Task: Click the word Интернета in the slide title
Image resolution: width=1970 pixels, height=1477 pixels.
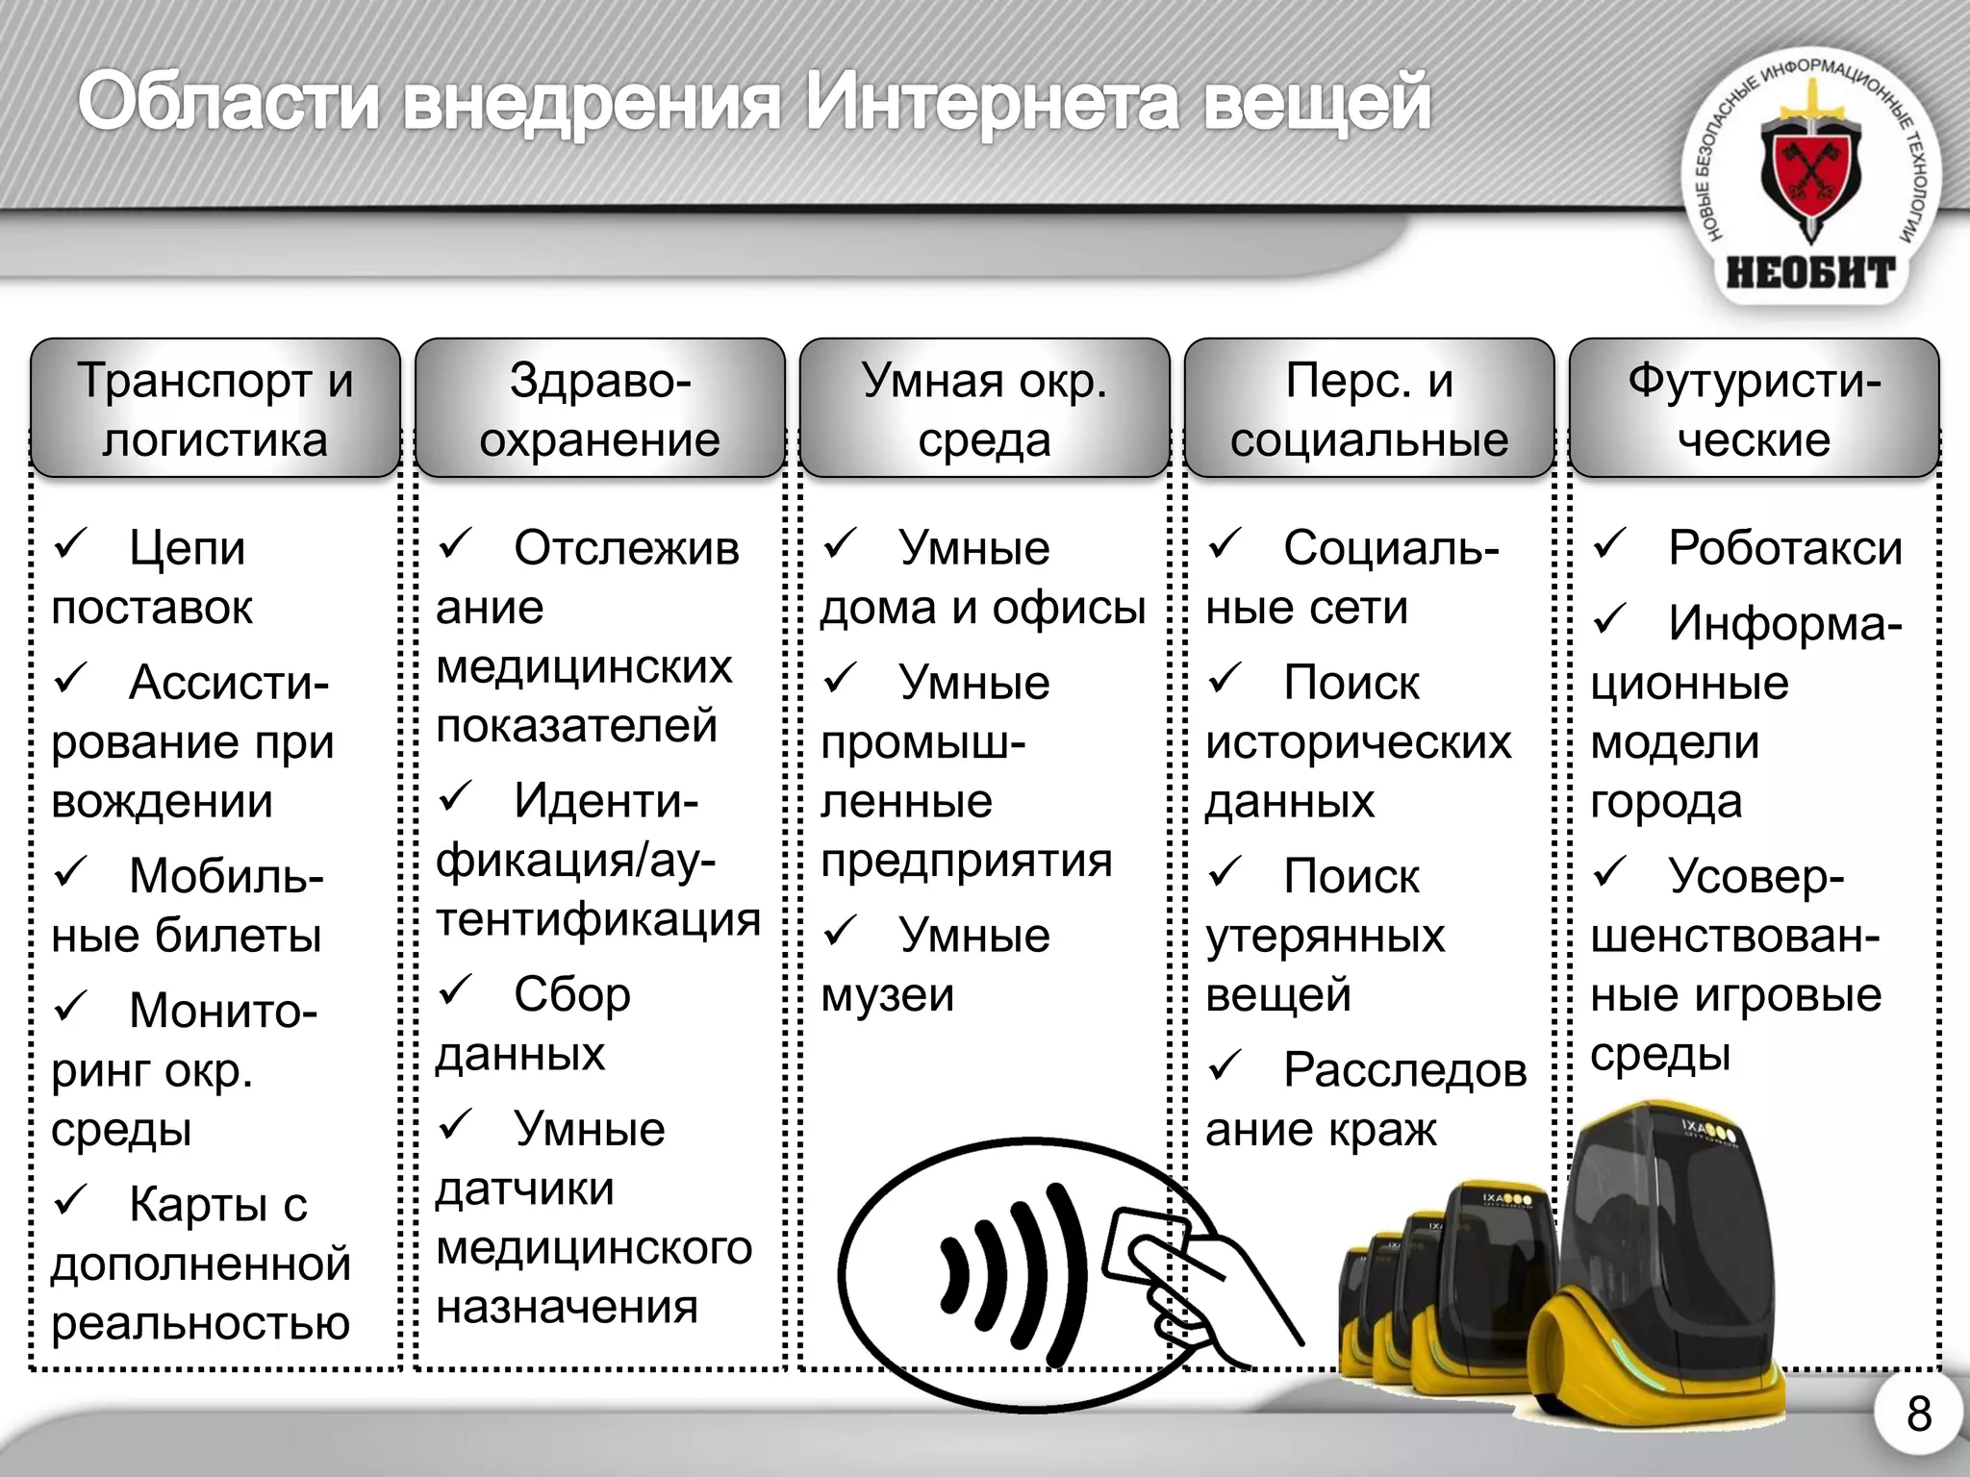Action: pos(991,103)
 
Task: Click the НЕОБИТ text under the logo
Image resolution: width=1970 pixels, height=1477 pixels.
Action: pos(1810,273)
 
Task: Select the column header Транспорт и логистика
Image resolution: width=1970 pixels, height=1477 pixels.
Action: pos(215,409)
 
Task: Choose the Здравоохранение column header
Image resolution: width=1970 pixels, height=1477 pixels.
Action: pos(600,409)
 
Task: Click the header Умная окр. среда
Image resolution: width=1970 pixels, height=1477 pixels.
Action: pos(984,409)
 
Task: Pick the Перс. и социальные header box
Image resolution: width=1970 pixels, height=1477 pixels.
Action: pos(1369,409)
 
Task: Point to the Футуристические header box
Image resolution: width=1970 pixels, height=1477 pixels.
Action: pos(1754,409)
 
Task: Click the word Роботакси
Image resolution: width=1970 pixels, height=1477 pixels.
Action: pos(1784,548)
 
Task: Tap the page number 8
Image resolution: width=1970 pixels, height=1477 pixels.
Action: pos(1918,1414)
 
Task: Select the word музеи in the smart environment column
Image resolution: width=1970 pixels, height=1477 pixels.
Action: pos(887,995)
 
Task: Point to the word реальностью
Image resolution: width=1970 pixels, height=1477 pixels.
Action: pos(200,1324)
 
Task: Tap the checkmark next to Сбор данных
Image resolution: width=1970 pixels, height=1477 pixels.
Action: pos(456,989)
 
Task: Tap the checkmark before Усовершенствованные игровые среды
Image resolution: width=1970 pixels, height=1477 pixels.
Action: pos(1610,872)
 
